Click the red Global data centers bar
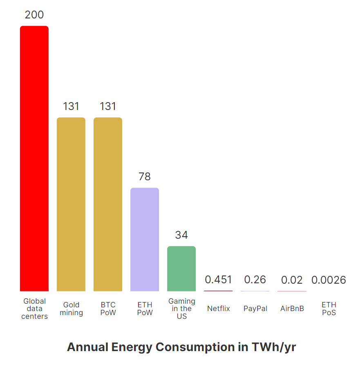click(x=34, y=159)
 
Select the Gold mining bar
click(x=71, y=204)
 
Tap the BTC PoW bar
click(x=108, y=204)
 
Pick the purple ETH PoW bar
click(x=145, y=239)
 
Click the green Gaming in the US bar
click(x=181, y=269)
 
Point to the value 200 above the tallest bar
click(x=34, y=15)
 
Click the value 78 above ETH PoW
click(x=145, y=177)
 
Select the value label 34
click(x=181, y=235)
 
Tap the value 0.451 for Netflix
click(x=218, y=280)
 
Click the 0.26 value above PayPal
click(x=255, y=280)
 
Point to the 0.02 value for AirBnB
click(x=292, y=280)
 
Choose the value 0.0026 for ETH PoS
click(x=329, y=280)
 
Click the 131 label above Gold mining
click(x=71, y=106)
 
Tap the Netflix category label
click(x=219, y=309)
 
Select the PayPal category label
click(x=255, y=309)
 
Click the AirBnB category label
click(x=292, y=309)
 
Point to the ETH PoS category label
click(x=329, y=309)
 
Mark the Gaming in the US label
click(x=182, y=309)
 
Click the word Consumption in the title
click(x=195, y=347)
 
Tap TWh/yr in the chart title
click(x=274, y=347)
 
